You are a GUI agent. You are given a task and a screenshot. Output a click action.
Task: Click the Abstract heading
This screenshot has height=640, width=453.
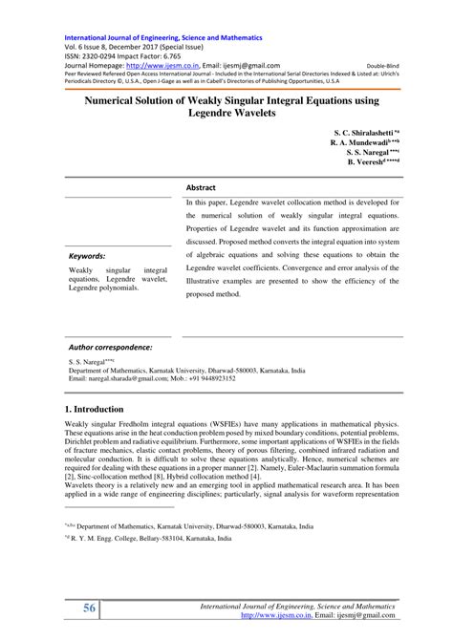[x=201, y=188]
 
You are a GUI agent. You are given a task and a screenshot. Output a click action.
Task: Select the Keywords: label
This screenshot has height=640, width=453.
[x=87, y=255]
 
